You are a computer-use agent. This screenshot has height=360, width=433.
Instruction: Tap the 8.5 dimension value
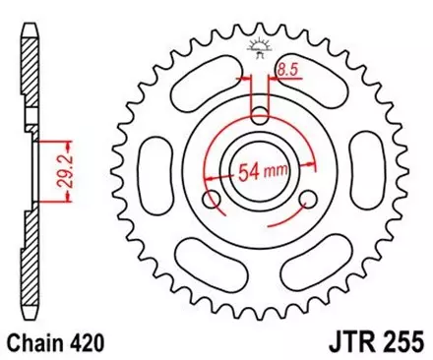[288, 69]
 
